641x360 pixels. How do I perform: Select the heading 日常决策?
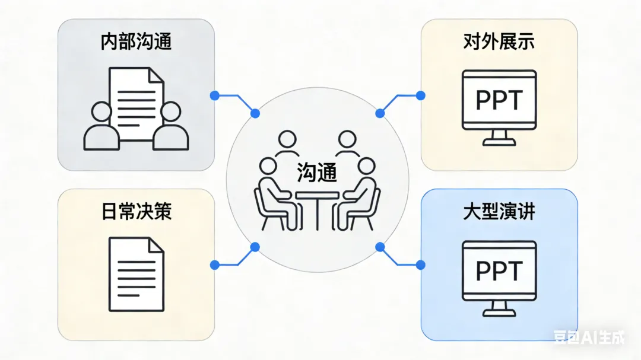[x=136, y=211]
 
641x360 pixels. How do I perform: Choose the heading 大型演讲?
[x=499, y=212]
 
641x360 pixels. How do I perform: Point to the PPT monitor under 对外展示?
[x=499, y=101]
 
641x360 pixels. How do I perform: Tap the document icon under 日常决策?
[x=136, y=274]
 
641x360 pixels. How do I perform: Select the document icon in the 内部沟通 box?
[x=136, y=104]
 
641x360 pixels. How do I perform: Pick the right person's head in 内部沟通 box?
[x=171, y=111]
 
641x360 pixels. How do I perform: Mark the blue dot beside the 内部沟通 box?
[x=214, y=94]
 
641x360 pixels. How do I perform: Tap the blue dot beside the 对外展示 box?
[x=420, y=94]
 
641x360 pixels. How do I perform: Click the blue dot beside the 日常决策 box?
[x=214, y=263]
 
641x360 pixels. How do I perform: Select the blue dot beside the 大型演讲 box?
[x=420, y=263]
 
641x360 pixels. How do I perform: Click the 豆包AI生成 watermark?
[x=589, y=337]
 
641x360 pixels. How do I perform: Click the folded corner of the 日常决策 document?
[x=157, y=245]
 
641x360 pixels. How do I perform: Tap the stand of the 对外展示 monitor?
[x=499, y=139]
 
